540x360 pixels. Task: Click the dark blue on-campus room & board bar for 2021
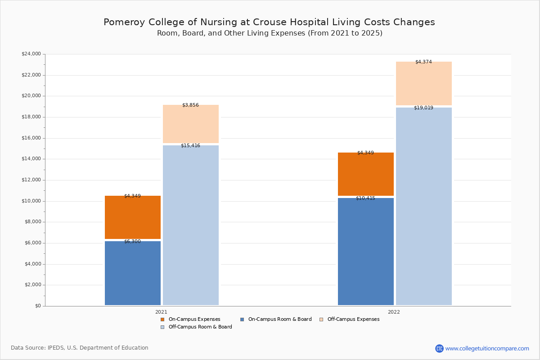(x=133, y=273)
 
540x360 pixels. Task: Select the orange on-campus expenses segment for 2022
(x=366, y=174)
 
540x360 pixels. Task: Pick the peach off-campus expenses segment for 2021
(x=191, y=124)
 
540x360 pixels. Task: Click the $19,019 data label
(x=423, y=108)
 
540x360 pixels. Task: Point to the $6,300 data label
(x=132, y=242)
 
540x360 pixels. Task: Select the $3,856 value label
(x=190, y=105)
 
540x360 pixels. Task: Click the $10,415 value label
(x=365, y=198)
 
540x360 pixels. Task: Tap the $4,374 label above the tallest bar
(x=423, y=62)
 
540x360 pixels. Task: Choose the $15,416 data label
(x=190, y=146)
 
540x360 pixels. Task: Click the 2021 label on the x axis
(x=161, y=312)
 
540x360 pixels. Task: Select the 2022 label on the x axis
(x=394, y=312)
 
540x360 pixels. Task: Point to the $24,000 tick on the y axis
(x=31, y=54)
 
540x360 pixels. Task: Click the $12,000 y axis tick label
(x=31, y=180)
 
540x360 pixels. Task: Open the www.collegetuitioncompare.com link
(x=487, y=348)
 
